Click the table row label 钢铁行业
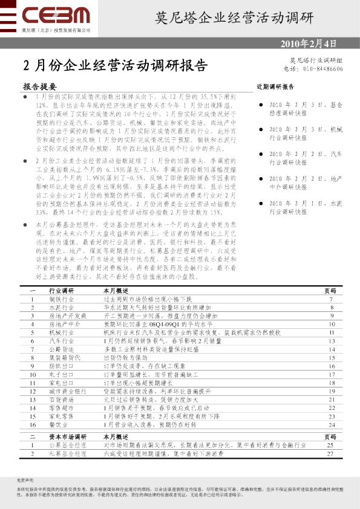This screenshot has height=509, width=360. pyautogui.click(x=62, y=299)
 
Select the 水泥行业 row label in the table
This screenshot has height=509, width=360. pyautogui.click(x=62, y=307)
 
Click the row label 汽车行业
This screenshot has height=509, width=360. pyautogui.click(x=62, y=341)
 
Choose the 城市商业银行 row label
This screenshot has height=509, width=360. pyautogui.click(x=66, y=392)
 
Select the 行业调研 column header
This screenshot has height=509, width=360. pyautogui.click(x=62, y=291)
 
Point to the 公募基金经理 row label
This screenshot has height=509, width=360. pyautogui.click(x=66, y=444)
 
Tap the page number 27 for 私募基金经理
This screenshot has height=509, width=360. pyautogui.click(x=330, y=453)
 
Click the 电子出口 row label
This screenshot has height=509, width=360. pyautogui.click(x=62, y=375)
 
